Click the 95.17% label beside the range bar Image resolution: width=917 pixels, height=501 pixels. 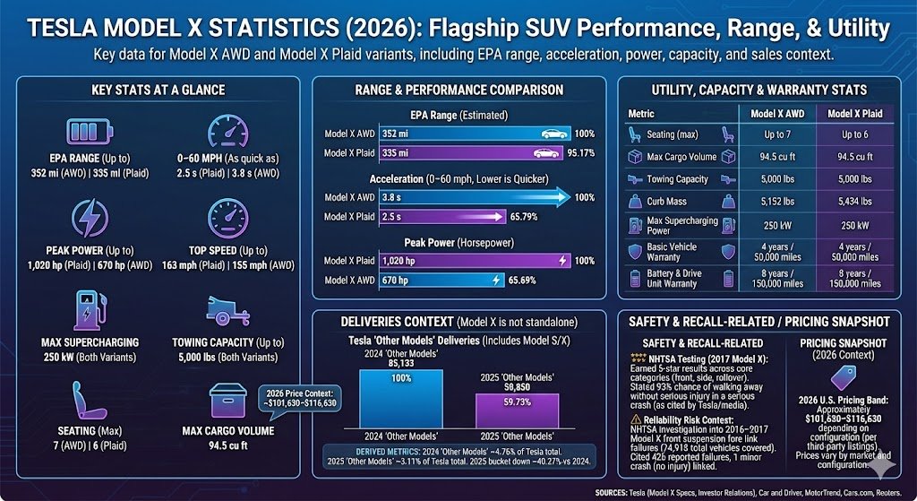[x=584, y=152]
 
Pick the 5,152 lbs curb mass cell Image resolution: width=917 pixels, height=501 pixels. [x=776, y=202]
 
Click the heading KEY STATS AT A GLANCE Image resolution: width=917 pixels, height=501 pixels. [x=158, y=90]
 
